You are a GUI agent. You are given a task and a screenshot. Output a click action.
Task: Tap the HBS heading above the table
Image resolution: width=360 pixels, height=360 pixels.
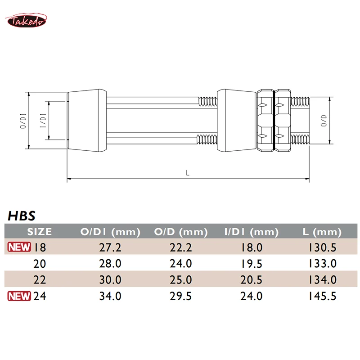tap(21, 216)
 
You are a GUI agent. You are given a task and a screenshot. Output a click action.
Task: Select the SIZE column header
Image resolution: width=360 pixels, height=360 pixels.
tap(40, 232)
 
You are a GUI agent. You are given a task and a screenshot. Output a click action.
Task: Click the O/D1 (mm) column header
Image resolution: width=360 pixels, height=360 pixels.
tap(110, 232)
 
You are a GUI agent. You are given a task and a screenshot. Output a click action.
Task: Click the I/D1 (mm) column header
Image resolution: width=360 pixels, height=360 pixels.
tap(251, 232)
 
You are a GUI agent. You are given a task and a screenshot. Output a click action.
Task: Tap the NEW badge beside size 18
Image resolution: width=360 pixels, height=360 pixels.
tap(18, 247)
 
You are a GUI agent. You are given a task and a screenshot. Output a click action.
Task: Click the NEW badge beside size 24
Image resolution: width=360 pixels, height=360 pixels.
tap(18, 296)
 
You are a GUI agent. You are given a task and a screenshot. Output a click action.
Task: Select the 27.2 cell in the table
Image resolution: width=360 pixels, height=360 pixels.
tap(110, 247)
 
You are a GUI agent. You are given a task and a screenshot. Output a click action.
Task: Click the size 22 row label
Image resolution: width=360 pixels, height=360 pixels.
tap(40, 279)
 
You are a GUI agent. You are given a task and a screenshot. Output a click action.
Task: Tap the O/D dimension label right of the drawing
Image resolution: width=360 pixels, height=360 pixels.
tap(324, 121)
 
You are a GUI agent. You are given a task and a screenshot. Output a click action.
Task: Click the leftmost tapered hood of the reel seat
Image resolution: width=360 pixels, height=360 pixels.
tap(87, 120)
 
